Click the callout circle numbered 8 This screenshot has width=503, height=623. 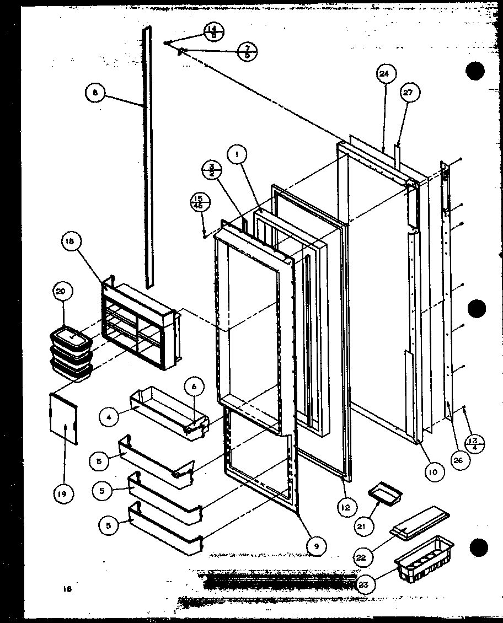coord(95,93)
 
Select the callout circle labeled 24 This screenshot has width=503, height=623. coord(384,74)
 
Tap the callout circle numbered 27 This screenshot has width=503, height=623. coord(408,93)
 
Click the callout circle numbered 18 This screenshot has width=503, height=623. coord(73,241)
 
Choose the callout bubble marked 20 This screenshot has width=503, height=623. coord(61,292)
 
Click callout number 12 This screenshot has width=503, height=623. coord(345,508)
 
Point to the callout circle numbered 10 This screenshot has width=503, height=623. coord(434,471)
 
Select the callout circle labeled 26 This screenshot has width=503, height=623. coord(457,461)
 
